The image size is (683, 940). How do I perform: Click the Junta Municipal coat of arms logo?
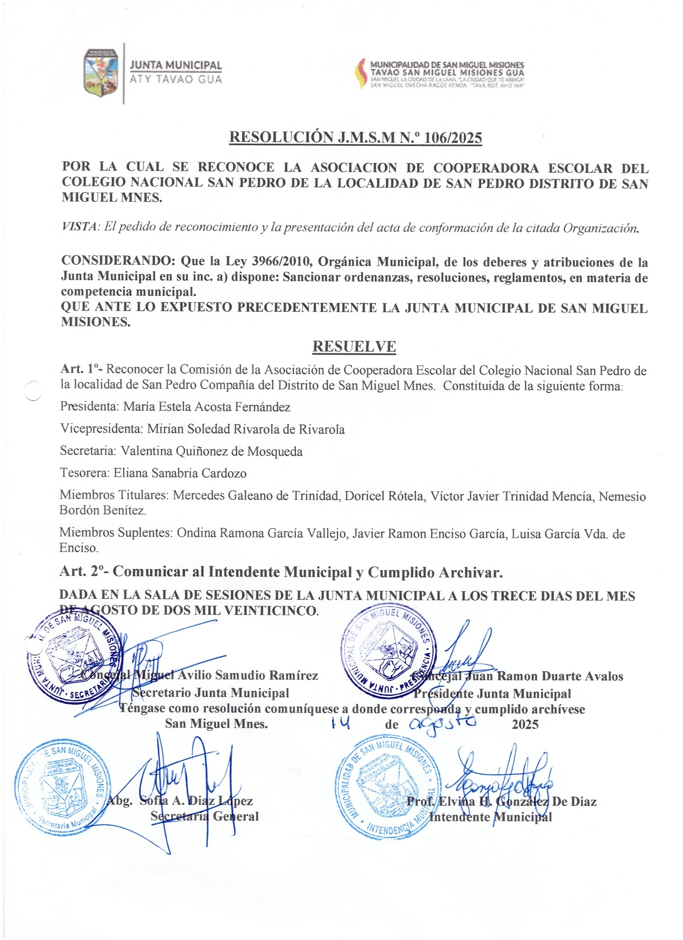click(x=101, y=73)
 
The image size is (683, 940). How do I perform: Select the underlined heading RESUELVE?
click(x=354, y=347)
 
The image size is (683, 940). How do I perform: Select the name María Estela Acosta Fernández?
click(x=207, y=406)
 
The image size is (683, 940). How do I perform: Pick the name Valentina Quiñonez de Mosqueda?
click(x=212, y=451)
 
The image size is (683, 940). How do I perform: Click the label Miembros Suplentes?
click(x=116, y=533)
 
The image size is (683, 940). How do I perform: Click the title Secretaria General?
click(x=204, y=816)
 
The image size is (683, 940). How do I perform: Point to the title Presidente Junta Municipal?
click(x=492, y=694)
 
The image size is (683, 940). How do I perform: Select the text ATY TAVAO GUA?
click(x=176, y=79)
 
